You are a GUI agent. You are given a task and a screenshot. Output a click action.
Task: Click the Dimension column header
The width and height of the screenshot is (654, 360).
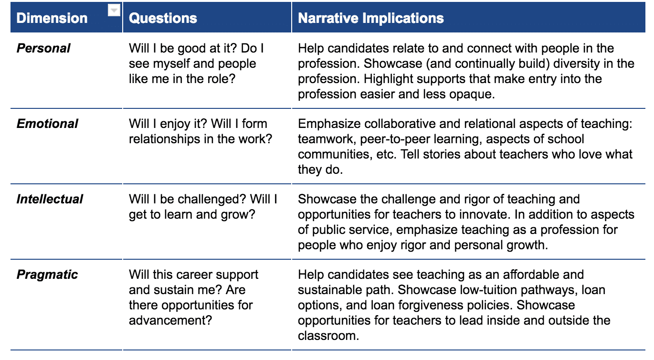click(x=52, y=18)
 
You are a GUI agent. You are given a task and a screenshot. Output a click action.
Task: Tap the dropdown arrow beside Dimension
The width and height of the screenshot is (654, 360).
click(x=114, y=11)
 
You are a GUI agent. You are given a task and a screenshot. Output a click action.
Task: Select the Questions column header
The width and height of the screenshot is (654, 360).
click(x=163, y=18)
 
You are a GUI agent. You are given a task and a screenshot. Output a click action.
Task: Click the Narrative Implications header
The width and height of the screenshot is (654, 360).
click(x=371, y=18)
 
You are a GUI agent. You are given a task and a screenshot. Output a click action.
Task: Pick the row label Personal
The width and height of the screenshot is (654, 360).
click(x=43, y=49)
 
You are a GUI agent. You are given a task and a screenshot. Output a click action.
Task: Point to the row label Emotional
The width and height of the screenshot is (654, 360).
click(x=47, y=124)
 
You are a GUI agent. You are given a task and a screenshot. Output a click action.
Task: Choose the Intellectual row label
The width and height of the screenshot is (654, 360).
click(x=50, y=199)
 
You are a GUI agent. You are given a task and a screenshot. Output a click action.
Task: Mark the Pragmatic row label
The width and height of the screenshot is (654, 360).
click(x=47, y=275)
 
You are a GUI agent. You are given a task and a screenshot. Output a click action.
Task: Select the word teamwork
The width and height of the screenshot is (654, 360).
click(x=327, y=139)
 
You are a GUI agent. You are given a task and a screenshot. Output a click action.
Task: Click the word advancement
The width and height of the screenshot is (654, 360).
click(x=170, y=320)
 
